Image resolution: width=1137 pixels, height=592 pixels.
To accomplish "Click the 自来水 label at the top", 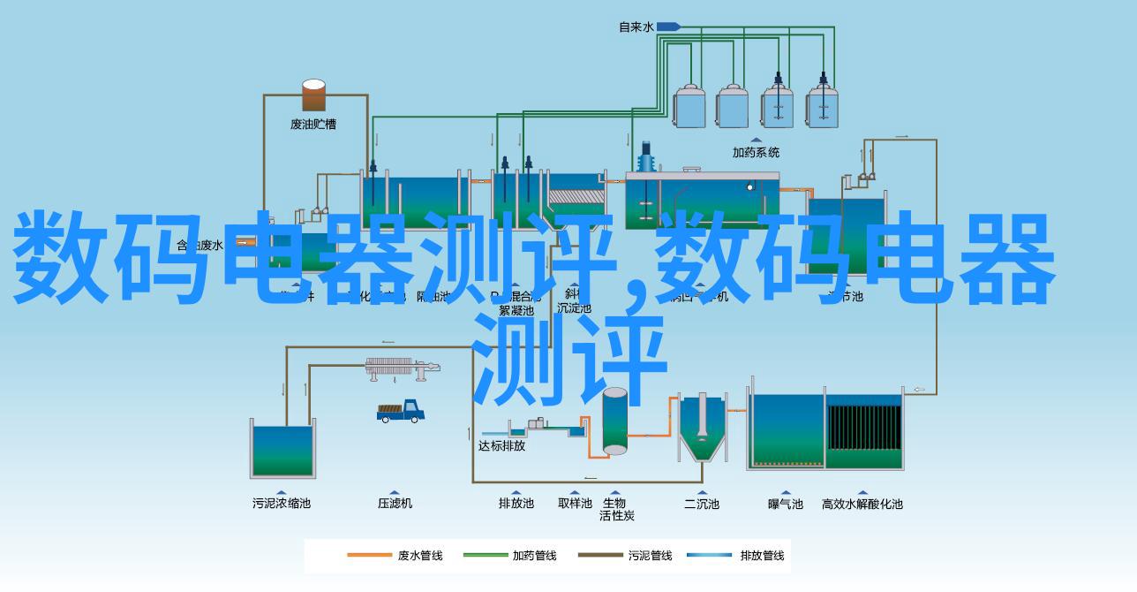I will point(636,27).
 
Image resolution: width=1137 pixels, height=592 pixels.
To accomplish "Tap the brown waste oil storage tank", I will point(313,95).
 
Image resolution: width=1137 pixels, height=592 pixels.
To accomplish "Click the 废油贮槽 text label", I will point(313,125).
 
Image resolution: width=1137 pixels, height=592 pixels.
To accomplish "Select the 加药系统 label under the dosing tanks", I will point(757,152).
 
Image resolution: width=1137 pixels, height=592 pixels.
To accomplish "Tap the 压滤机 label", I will point(395,504).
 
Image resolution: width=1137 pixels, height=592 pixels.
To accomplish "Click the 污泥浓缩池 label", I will point(282,504).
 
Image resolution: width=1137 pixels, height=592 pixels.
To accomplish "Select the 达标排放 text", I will point(501,446).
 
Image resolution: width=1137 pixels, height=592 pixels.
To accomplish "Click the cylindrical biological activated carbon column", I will point(614,421).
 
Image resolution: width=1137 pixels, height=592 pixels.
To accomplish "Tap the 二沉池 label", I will point(702,504).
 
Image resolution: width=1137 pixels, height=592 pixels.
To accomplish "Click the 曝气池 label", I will point(785,504).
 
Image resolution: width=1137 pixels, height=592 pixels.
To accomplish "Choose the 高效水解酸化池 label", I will point(862,504).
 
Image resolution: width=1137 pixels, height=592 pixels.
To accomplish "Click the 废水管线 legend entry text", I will point(419,556).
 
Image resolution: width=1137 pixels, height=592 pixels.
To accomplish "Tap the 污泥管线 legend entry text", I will point(650,556).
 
